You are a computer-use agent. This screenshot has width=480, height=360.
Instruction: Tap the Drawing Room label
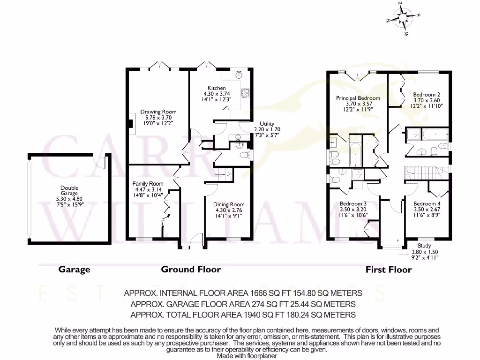click(158, 112)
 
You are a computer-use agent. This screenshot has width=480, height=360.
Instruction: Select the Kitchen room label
click(217, 88)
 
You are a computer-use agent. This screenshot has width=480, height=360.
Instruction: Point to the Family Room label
click(148, 184)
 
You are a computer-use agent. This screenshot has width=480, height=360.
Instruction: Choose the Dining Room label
click(229, 204)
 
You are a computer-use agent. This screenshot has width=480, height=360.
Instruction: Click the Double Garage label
click(69, 188)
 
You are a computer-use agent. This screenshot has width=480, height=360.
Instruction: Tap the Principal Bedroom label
click(358, 98)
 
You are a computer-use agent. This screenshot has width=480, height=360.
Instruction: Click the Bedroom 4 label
click(427, 204)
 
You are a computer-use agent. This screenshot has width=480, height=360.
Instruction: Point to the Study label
click(424, 246)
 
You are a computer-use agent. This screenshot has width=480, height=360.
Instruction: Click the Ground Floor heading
click(191, 270)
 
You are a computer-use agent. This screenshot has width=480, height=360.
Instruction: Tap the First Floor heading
click(389, 270)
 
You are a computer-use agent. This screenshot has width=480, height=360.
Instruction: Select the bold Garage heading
click(74, 270)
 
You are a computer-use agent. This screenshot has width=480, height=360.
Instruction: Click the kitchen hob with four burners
click(245, 93)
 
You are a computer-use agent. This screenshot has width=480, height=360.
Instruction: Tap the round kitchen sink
click(239, 74)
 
